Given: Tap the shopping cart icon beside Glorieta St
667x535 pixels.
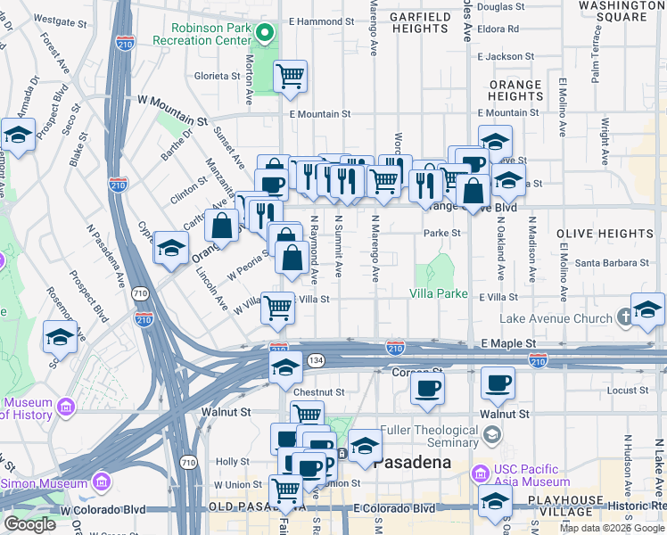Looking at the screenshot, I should point(291,75).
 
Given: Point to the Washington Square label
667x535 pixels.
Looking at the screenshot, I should point(622,11).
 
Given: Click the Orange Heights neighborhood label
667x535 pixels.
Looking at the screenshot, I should point(515,90).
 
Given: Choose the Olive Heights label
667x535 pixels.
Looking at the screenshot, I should point(605,234).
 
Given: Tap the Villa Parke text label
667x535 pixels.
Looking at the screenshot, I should point(439,293).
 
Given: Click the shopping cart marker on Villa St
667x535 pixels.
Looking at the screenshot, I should point(278,308).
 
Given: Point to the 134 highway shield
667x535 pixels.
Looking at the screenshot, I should point(316,358).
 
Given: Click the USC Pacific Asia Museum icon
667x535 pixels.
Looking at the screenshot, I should point(482,472).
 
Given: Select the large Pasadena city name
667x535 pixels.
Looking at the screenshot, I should point(411,463).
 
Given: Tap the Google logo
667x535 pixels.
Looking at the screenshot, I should point(29,524).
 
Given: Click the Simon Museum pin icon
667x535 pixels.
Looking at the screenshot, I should point(101,482).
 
